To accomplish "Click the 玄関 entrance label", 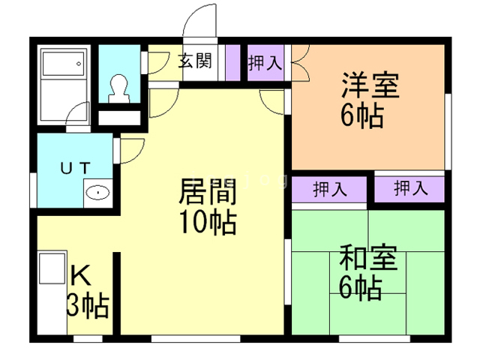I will [x=194, y=61].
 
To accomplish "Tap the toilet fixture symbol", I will [x=118, y=88].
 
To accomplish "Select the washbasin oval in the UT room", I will [x=97, y=193].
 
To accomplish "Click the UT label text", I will [x=75, y=168].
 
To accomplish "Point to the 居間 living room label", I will [x=208, y=193].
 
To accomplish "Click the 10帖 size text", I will [x=208, y=223].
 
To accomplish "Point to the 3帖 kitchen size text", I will [x=88, y=305].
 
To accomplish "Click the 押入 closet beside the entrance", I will [x=265, y=63].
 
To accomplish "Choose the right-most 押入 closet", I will [x=410, y=187].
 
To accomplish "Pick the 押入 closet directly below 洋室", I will [x=329, y=188].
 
